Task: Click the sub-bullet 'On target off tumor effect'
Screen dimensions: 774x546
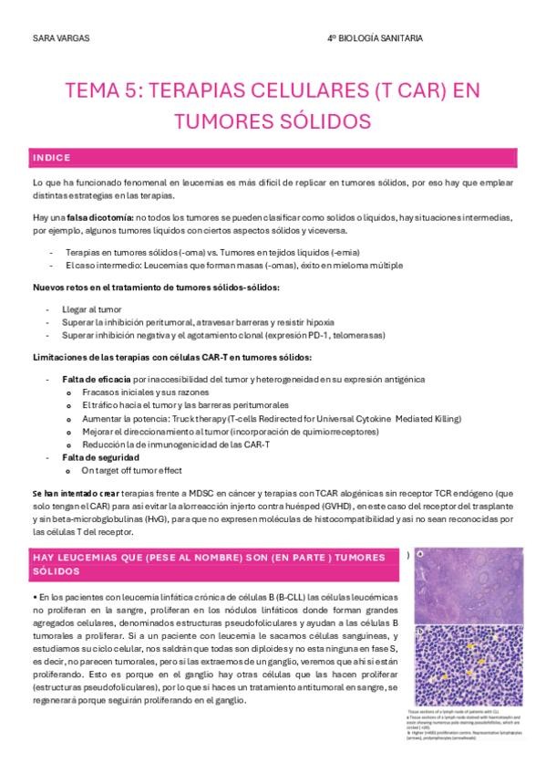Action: pos(133,469)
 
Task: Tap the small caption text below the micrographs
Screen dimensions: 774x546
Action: pos(465,725)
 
